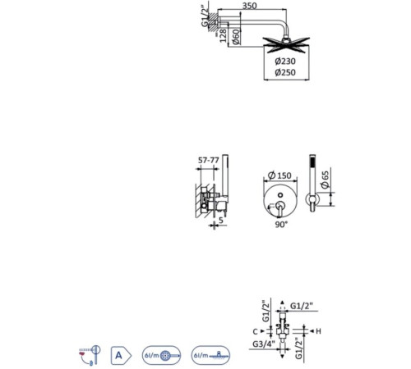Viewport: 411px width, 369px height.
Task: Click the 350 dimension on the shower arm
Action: pyautogui.click(x=250, y=6)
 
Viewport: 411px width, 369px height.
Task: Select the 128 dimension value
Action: pyautogui.click(x=223, y=36)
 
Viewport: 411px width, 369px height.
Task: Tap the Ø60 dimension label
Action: pyautogui.click(x=236, y=37)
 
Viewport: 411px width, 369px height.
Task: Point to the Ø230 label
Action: pyautogui.click(x=285, y=61)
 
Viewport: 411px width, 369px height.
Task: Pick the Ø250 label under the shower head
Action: pyautogui.click(x=285, y=72)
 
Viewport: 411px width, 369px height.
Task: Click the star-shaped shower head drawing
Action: pyautogui.click(x=286, y=45)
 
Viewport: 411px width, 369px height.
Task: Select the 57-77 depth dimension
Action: pyautogui.click(x=209, y=160)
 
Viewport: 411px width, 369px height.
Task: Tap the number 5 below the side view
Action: pyautogui.click(x=221, y=220)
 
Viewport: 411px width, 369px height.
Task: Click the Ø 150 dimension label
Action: pyautogui.click(x=279, y=175)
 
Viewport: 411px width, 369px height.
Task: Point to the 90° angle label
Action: pyautogui.click(x=282, y=225)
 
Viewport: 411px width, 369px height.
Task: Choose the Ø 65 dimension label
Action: pyautogui.click(x=326, y=180)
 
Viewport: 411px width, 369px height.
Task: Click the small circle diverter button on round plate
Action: pyautogui.click(x=280, y=195)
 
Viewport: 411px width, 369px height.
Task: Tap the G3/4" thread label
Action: pyautogui.click(x=264, y=344)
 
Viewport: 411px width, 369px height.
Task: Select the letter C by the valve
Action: pyautogui.click(x=255, y=331)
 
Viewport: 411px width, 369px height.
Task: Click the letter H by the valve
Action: pyautogui.click(x=318, y=331)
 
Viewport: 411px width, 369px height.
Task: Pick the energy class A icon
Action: pyautogui.click(x=121, y=355)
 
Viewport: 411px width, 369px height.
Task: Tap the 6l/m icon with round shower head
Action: pyautogui.click(x=161, y=355)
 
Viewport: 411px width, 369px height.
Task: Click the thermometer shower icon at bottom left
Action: pyautogui.click(x=90, y=355)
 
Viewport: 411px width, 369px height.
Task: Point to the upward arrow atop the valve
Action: pyautogui.click(x=283, y=303)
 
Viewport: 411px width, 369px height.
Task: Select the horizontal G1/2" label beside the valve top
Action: pyautogui.click(x=302, y=306)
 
